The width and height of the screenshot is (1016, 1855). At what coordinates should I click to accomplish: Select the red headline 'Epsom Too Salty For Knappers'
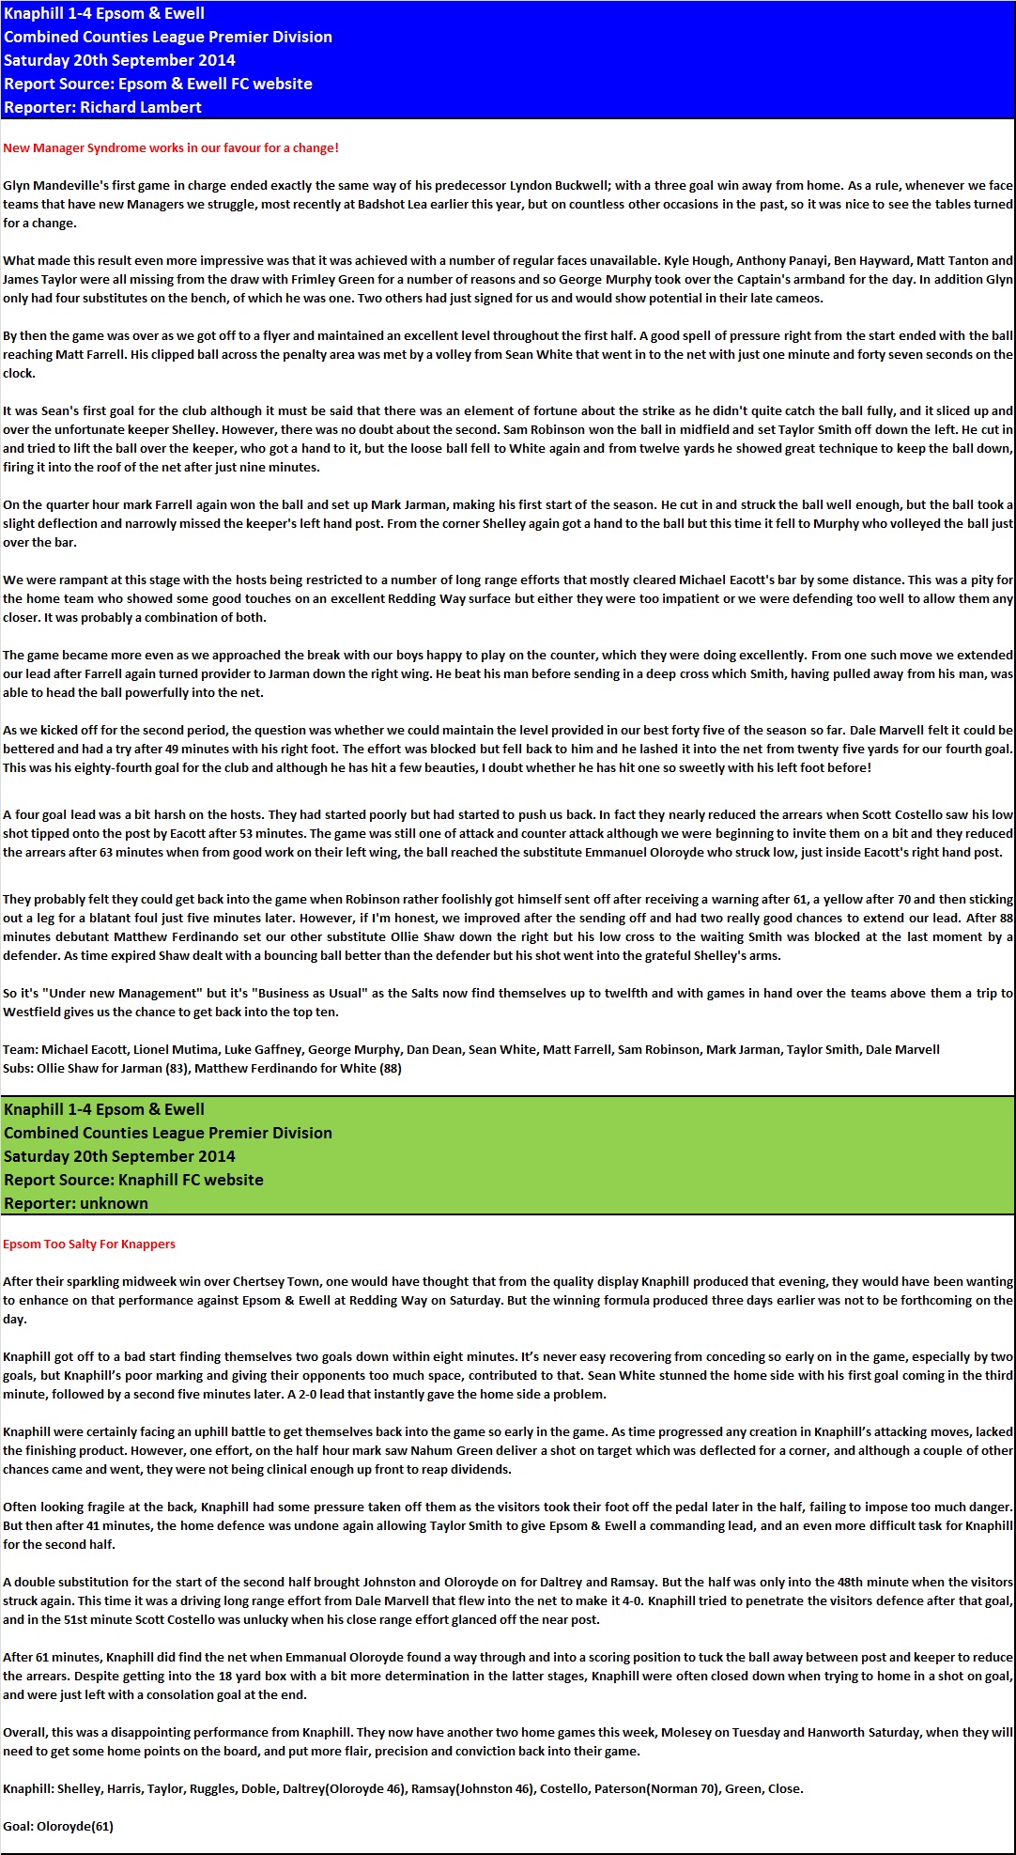pyautogui.click(x=89, y=1244)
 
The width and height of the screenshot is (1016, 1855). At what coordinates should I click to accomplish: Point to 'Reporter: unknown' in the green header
pyautogui.click(x=76, y=1203)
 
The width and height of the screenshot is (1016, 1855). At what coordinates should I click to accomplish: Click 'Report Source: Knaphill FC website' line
pyautogui.click(x=133, y=1180)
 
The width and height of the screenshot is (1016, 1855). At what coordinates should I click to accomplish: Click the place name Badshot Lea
pyautogui.click(x=392, y=204)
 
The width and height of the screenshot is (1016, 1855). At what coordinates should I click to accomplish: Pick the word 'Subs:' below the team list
pyautogui.click(x=18, y=1068)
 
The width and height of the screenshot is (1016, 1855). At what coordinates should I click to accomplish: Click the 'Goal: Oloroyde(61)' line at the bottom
pyautogui.click(x=58, y=1826)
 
